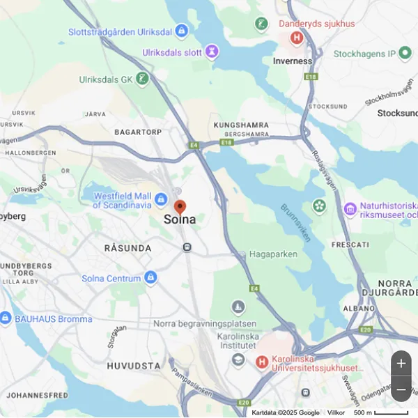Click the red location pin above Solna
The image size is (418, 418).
click(180, 207)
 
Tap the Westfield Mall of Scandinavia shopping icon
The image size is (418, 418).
click(161, 200)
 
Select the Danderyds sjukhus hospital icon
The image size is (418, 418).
click(297, 38)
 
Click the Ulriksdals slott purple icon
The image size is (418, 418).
click(211, 52)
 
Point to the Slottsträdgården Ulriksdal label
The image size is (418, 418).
click(121, 31)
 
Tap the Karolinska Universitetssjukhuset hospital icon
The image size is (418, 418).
click(262, 362)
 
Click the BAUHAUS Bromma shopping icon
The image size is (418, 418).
click(6, 318)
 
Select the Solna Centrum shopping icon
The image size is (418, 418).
click(150, 278)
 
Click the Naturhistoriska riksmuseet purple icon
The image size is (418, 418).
click(350, 208)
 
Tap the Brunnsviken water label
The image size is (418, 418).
click(295, 223)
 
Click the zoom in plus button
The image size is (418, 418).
click(401, 364)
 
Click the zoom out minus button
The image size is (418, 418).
click(401, 389)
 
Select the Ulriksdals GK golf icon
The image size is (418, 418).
click(143, 78)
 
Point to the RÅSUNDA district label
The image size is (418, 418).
click(127, 248)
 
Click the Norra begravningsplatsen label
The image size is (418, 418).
click(205, 324)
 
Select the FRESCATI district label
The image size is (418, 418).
click(350, 245)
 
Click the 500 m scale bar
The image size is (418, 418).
click(391, 413)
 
